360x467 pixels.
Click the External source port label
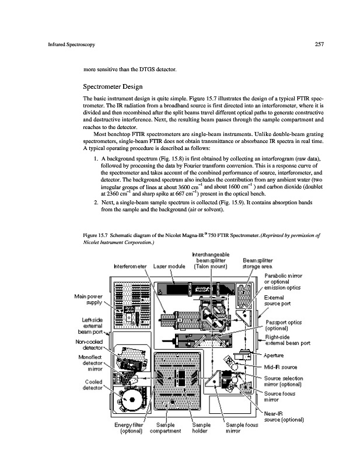coord(281,301)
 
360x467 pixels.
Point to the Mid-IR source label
coord(282,367)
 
